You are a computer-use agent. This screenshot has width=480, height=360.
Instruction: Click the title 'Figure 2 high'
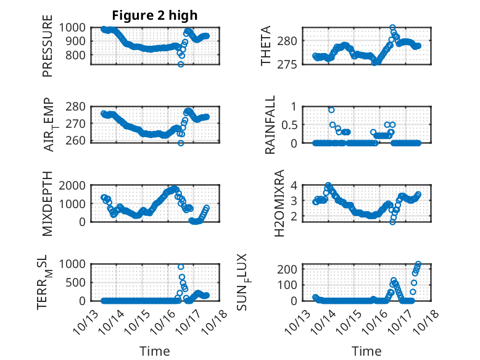click(154, 15)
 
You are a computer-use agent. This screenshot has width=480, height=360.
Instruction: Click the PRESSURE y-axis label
click(48, 49)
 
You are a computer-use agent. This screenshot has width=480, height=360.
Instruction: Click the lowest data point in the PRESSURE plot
click(181, 64)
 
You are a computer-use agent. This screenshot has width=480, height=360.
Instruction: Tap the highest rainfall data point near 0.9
click(331, 109)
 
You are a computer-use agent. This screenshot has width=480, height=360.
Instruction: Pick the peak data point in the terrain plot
click(181, 267)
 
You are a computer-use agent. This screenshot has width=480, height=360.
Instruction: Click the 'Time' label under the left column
click(154, 351)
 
